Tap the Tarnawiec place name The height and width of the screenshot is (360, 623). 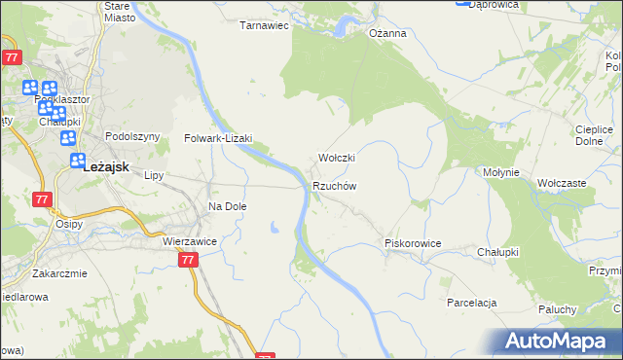click(x=266, y=25)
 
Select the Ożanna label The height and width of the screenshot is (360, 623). click(x=386, y=33)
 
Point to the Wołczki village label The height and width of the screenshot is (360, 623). click(x=337, y=158)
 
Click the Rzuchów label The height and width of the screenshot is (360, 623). click(x=335, y=186)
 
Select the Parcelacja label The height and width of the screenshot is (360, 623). click(x=472, y=303)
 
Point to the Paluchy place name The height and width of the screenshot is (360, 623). click(x=558, y=309)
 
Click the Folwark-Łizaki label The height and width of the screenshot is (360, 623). click(x=219, y=138)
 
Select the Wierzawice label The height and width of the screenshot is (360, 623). click(x=189, y=240)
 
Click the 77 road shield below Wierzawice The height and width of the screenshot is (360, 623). click(x=189, y=260)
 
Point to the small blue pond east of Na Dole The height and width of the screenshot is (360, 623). click(x=275, y=228)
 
